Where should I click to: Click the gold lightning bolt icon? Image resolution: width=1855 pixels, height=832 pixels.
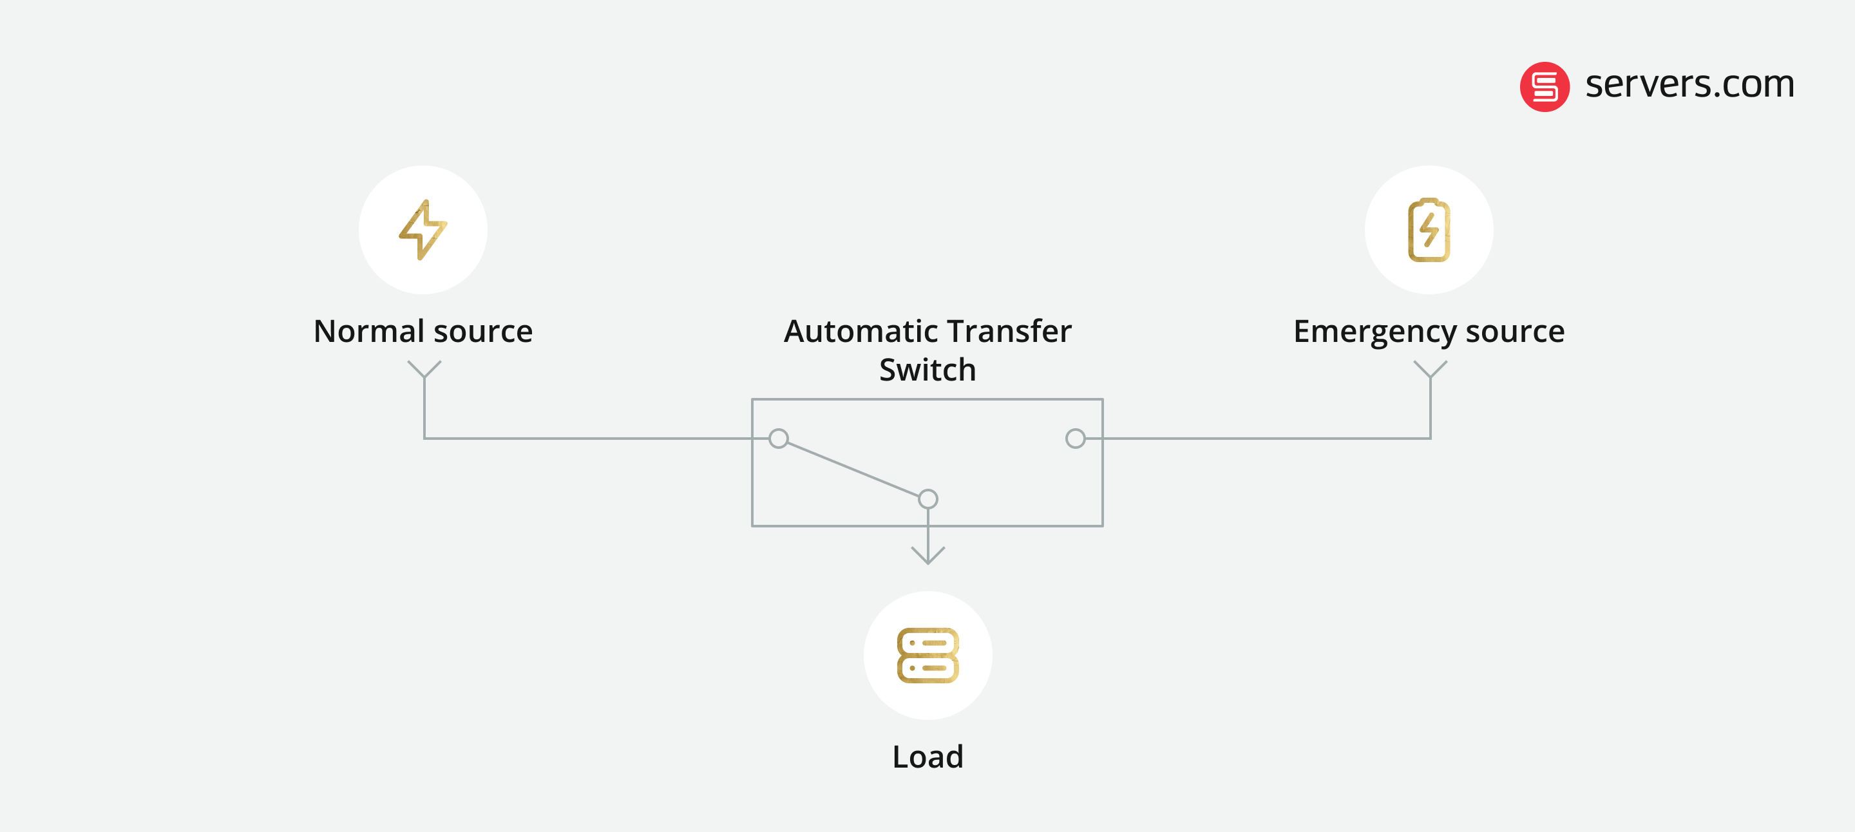(423, 230)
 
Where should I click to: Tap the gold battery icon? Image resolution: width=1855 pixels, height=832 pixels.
(1429, 231)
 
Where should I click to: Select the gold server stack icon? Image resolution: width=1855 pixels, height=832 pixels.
(927, 655)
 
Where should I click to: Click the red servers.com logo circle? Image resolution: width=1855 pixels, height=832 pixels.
(1544, 86)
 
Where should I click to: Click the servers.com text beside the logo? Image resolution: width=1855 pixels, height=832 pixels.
(1689, 85)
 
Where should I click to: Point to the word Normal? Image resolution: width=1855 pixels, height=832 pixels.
(368, 331)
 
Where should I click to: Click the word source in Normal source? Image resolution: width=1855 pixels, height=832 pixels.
(483, 331)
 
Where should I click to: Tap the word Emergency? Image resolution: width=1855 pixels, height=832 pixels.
(1375, 332)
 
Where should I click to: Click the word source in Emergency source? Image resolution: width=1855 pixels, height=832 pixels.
(1515, 331)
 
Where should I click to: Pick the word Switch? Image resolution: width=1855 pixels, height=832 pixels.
(927, 370)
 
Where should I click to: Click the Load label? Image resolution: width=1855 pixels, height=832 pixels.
(927, 757)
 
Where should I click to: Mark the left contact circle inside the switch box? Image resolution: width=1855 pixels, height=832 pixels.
(779, 439)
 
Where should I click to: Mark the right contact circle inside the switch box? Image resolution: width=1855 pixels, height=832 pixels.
(1075, 439)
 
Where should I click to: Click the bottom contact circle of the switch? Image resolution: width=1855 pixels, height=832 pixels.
(928, 499)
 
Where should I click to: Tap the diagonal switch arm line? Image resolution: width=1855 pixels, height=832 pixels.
(853, 469)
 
